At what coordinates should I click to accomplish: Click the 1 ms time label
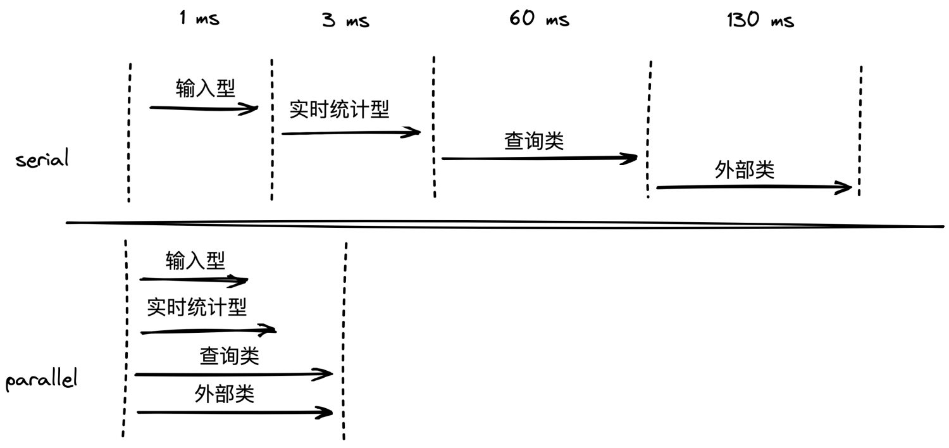point(199,18)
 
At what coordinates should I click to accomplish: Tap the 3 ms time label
point(345,20)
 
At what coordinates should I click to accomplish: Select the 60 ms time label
point(539,18)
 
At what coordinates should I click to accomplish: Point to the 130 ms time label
point(760,20)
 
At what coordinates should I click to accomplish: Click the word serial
point(42,159)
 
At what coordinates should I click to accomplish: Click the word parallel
point(41,379)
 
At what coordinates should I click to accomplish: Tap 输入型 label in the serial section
point(206,88)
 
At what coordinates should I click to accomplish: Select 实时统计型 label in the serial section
point(339,109)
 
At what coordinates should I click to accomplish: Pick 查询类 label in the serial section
point(534,140)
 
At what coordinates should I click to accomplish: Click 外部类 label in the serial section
point(745,170)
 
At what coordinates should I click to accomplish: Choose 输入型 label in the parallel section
point(195,260)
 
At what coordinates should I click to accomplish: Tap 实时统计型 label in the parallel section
point(197,307)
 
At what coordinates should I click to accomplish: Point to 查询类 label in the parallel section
point(229,356)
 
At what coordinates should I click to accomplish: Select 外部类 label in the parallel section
point(224,394)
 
